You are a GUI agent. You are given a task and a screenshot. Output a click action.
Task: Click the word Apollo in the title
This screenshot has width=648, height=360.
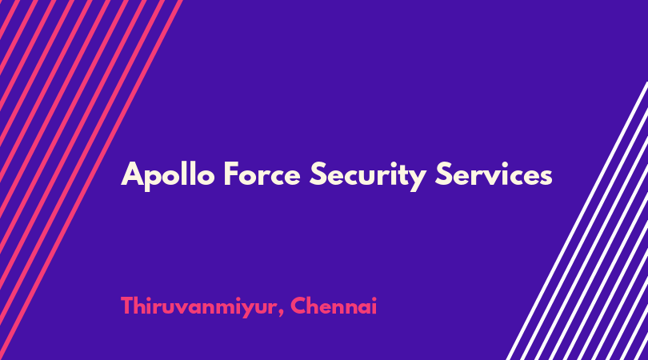[x=168, y=175]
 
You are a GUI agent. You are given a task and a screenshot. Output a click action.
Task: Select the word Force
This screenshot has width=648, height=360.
[x=262, y=174]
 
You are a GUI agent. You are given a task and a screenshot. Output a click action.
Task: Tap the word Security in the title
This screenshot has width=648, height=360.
[x=368, y=176]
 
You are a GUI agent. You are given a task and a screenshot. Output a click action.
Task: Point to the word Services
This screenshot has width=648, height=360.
[x=494, y=174]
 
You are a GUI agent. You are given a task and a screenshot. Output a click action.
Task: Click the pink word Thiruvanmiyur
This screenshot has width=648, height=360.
[x=198, y=307]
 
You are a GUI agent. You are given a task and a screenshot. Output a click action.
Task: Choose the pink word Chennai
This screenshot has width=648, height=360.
[x=334, y=306]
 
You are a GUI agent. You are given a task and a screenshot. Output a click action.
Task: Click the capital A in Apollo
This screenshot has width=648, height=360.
[x=132, y=174]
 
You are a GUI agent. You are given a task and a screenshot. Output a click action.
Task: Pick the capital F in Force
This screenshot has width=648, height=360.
[x=231, y=174]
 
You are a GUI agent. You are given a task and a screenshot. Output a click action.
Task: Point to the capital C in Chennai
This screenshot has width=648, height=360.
[x=299, y=306]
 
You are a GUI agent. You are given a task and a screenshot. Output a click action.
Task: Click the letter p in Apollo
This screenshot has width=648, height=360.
[x=154, y=180]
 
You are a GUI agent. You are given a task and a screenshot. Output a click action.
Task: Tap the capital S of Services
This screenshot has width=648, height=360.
[x=444, y=174]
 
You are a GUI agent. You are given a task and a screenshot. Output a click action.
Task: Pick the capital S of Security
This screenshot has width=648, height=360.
[x=318, y=174]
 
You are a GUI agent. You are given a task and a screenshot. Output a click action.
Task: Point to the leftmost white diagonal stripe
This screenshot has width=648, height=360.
[x=577, y=220]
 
